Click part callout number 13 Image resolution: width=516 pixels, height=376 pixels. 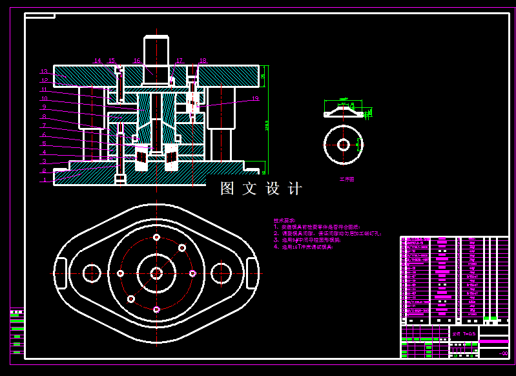pos(45,72)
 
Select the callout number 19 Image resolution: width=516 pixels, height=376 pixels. pos(255,99)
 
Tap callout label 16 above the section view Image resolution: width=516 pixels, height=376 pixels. pos(137,61)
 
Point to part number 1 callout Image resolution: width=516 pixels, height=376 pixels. pos(44,181)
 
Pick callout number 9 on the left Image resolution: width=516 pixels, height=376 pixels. pos(45,107)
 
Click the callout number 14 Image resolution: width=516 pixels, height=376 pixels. pos(98,61)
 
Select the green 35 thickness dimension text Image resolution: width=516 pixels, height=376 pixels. pos(262,76)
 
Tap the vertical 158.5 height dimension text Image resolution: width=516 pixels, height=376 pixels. pos(266,123)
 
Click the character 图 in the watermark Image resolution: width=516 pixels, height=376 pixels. pos(227,189)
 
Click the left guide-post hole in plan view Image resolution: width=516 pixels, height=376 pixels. pos(92,273)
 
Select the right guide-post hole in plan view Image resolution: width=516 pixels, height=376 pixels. pos(221,273)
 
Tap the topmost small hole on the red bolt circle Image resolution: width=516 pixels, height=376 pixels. pos(156,238)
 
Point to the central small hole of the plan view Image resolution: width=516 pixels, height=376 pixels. pos(156,273)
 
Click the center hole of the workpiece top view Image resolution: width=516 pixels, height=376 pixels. pos(344,144)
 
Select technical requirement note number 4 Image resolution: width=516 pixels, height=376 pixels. pos(304,247)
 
